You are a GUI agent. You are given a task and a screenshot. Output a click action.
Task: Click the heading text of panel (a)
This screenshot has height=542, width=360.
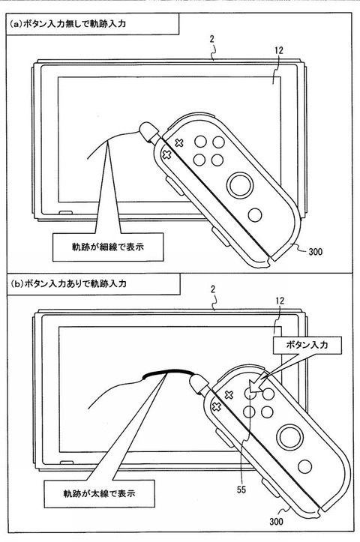pyautogui.click(x=67, y=24)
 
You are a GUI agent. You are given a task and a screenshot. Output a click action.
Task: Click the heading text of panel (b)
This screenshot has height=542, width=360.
pyautogui.click(x=68, y=284)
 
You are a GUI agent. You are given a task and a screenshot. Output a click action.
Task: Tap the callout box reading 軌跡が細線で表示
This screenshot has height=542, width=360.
pyautogui.click(x=108, y=247)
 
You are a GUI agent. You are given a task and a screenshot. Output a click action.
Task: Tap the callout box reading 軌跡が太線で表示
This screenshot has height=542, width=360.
pyautogui.click(x=99, y=493)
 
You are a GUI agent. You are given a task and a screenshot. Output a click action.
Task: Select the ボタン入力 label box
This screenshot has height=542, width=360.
pyautogui.click(x=307, y=345)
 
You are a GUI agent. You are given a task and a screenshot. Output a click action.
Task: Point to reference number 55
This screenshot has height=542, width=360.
pyautogui.click(x=241, y=490)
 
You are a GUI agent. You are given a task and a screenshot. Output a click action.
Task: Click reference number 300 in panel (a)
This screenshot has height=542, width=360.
pyautogui.click(x=316, y=252)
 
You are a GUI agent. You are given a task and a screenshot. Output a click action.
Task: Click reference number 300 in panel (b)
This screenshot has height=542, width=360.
pyautogui.click(x=276, y=521)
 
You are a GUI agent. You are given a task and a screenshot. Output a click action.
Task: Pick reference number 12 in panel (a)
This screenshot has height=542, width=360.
pyautogui.click(x=279, y=50)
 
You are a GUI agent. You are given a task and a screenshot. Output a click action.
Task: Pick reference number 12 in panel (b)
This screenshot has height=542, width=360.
pyautogui.click(x=280, y=301)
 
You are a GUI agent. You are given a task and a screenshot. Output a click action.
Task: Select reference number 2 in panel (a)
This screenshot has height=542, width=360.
pyautogui.click(x=212, y=39)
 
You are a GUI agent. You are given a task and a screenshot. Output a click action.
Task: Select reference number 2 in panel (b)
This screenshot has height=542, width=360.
pyautogui.click(x=213, y=289)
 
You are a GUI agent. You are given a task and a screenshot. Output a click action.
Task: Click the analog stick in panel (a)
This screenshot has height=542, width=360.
pyautogui.click(x=240, y=185)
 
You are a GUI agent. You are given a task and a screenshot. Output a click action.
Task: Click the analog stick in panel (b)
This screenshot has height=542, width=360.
pyautogui.click(x=289, y=437)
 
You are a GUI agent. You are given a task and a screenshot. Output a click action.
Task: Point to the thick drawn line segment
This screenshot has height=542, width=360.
pyautogui.click(x=167, y=372)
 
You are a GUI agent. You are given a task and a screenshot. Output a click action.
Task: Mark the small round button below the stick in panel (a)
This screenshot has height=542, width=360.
pyautogui.click(x=255, y=215)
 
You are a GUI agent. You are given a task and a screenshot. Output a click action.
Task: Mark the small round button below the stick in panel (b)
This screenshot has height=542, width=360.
pyautogui.click(x=305, y=467)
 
